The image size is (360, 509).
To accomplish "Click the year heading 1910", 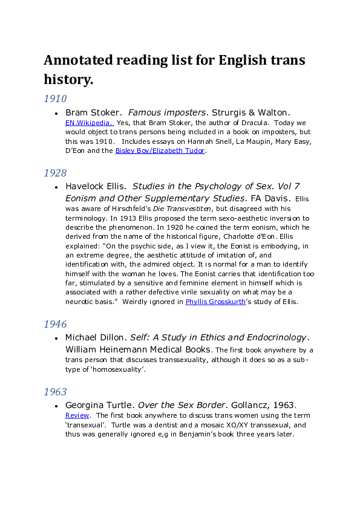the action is pos(55,99).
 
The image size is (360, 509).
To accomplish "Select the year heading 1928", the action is pos(55,173).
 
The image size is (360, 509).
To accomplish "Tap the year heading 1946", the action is pos(55,324).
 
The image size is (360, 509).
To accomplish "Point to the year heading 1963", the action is pos(55,392).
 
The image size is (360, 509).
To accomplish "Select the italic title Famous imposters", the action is pos(168,112).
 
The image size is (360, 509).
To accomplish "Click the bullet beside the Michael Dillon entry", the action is pos(56,338).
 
